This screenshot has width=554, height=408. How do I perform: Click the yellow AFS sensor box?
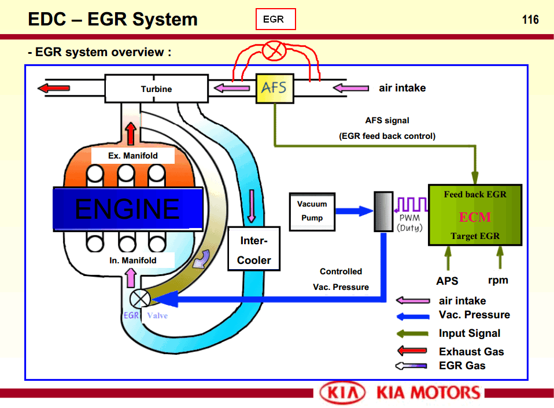pos(275,89)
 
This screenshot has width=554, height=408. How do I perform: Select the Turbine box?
pos(156,89)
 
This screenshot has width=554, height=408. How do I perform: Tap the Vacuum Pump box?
pos(312,211)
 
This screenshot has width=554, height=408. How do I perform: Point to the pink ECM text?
pos(475,217)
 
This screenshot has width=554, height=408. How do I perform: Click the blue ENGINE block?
pos(128,208)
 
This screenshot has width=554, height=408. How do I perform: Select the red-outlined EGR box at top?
pos(275,19)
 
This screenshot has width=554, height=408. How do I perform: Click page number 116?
pos(530,20)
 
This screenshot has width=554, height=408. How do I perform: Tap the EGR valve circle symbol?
pos(139,299)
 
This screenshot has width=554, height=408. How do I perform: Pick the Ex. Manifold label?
pos(132,156)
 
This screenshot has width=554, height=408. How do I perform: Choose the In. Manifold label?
pos(132,260)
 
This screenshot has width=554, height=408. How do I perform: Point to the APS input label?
pos(447,281)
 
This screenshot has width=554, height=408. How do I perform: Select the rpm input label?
pos(498,280)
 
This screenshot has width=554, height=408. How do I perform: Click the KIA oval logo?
pos(343,393)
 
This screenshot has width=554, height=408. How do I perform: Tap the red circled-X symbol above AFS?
pos(272,52)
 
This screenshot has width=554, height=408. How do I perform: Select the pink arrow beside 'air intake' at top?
pos(351,89)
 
